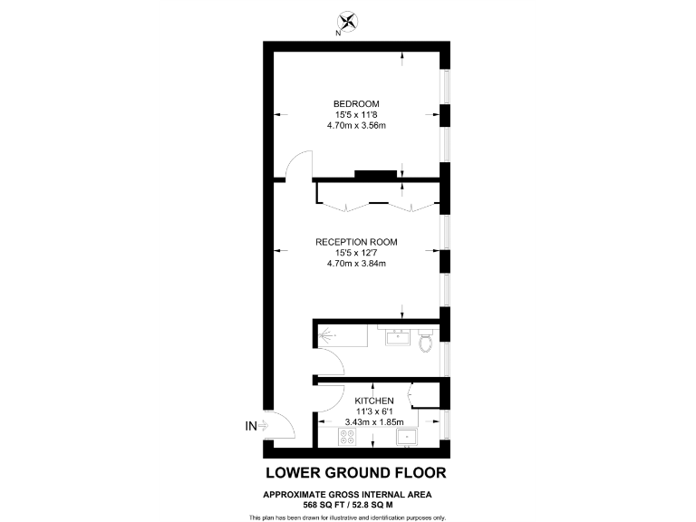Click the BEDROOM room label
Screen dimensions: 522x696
(356, 103)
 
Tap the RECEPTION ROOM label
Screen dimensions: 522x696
(356, 242)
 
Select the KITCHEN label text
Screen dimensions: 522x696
(373, 401)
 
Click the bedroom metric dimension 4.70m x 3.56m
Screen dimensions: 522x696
(356, 126)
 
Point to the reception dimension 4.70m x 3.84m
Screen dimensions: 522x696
(356, 265)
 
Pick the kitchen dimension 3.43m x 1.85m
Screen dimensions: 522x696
(373, 422)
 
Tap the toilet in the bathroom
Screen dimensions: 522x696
(427, 342)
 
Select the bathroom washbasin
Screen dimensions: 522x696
(396, 339)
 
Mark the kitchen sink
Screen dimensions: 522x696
(408, 438)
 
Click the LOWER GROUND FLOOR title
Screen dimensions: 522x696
(355, 473)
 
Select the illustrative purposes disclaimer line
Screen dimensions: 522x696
(348, 517)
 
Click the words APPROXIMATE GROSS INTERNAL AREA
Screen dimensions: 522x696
(348, 494)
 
